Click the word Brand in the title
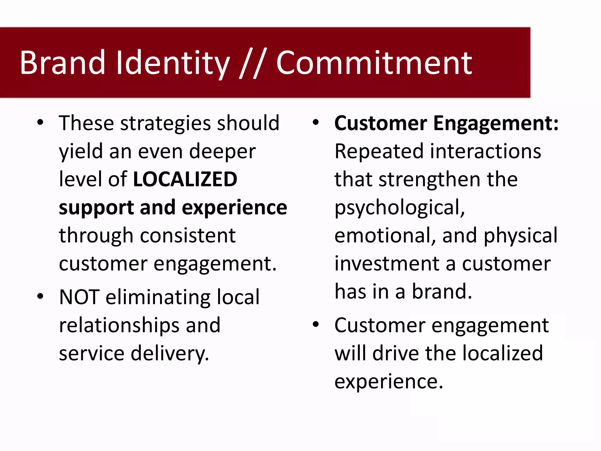(x=62, y=63)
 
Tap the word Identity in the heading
(x=173, y=63)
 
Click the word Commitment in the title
(x=374, y=63)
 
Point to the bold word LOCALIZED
(x=185, y=179)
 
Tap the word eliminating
(x=158, y=297)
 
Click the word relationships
(x=119, y=325)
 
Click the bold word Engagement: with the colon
(x=496, y=123)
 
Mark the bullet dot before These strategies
(x=40, y=122)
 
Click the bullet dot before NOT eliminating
(x=40, y=297)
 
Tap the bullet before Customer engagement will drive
(x=315, y=324)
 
